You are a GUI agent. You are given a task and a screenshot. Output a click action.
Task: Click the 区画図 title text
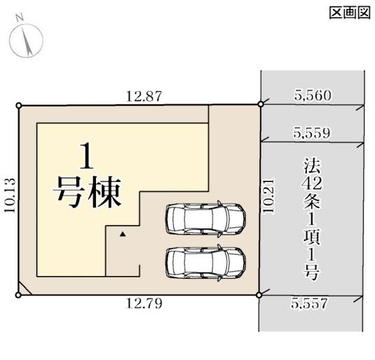(348, 12)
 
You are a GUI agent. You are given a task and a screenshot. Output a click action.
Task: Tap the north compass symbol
(25, 39)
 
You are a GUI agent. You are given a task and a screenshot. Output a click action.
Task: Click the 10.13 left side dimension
(8, 199)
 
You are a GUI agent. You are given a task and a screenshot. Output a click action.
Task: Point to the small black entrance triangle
(122, 235)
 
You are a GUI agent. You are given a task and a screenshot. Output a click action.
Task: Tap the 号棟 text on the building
(88, 191)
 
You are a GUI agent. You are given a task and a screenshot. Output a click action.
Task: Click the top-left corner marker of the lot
(19, 106)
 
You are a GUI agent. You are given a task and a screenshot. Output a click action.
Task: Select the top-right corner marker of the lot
(260, 105)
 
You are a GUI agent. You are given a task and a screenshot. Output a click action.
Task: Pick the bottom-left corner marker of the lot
(19, 294)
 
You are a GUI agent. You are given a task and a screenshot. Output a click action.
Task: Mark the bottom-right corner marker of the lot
(259, 294)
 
